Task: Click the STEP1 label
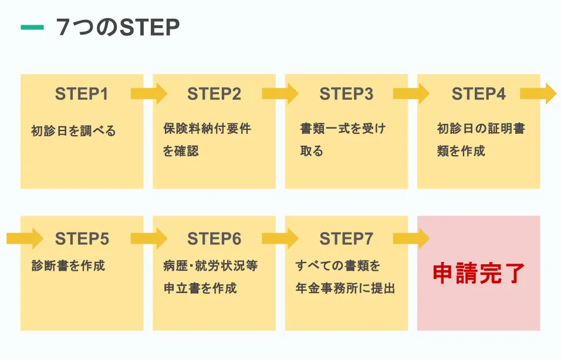82,94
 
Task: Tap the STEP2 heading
214,94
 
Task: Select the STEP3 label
346,94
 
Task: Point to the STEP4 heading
478,94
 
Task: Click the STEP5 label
82,239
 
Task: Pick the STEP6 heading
214,239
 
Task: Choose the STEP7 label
346,239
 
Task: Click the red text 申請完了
478,273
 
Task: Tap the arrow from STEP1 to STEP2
148,93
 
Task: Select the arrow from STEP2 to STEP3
280,93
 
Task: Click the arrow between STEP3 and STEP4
412,93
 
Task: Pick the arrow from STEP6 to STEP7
280,238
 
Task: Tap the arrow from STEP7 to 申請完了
412,238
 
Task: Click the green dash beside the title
32,27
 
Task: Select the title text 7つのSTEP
117,28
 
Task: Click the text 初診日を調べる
73,130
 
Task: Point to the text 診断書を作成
68,265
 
